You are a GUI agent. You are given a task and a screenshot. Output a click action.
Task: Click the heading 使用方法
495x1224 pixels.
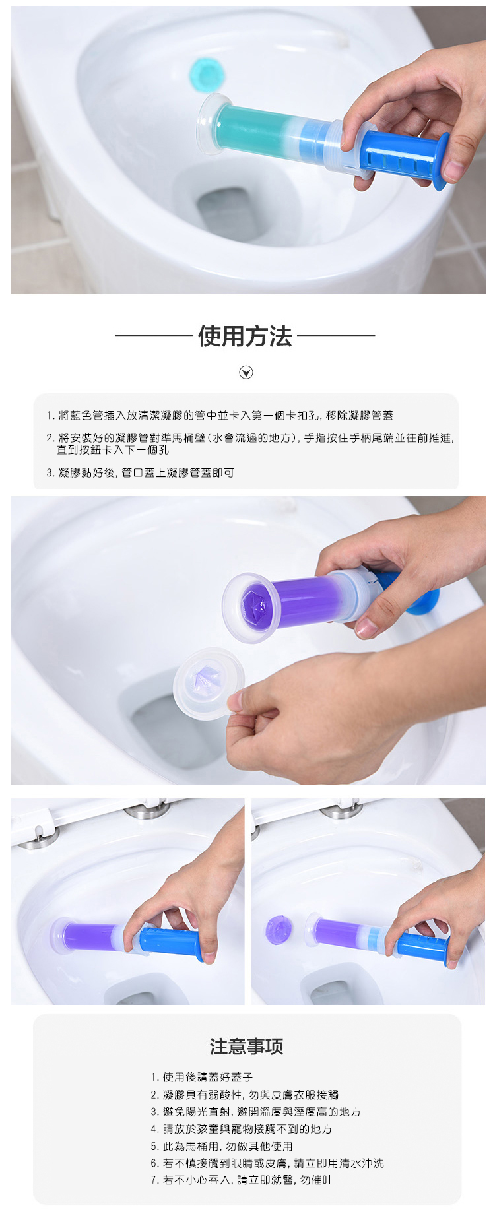click(245, 337)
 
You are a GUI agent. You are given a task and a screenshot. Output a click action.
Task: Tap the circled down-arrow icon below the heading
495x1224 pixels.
click(246, 373)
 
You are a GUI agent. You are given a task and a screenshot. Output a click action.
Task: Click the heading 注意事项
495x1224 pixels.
click(246, 1047)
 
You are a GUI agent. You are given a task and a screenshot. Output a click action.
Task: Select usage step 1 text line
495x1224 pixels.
click(220, 416)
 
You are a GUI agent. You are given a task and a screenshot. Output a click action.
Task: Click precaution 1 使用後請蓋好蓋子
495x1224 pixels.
click(201, 1077)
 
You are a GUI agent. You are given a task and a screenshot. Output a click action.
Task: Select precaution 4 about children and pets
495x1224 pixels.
click(241, 1129)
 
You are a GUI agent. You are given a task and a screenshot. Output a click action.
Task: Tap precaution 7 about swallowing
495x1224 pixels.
click(242, 1180)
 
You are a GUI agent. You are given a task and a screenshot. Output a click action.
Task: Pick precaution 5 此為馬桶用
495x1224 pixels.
click(221, 1146)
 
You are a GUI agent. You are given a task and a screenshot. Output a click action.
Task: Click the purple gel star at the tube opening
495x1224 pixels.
click(253, 602)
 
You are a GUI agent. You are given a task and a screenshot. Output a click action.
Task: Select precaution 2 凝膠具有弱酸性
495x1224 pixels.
click(244, 1095)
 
